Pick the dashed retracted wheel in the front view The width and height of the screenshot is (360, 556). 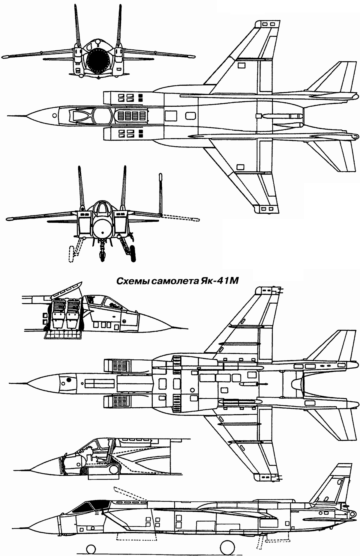coord(71,254)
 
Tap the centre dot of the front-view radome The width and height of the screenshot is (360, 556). coord(102,233)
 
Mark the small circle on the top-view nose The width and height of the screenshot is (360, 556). coord(54,115)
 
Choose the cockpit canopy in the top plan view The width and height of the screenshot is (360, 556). coord(90,115)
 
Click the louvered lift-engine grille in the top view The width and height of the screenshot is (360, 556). coord(131,115)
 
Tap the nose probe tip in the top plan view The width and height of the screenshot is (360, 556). coord(8,115)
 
